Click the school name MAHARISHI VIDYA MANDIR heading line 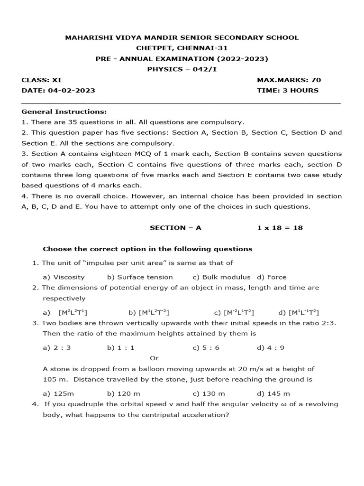(182, 37)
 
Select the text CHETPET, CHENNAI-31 (182, 48)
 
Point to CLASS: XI (41, 80)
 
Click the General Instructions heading (64, 112)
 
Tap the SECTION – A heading (175, 227)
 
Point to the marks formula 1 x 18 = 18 (280, 227)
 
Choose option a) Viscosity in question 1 (64, 277)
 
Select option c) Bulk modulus (222, 277)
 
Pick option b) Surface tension (140, 277)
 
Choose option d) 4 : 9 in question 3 (271, 347)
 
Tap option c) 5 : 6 (206, 347)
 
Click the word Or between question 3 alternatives (154, 358)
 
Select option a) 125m (58, 393)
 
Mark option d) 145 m (273, 393)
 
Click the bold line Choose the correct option (147, 249)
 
